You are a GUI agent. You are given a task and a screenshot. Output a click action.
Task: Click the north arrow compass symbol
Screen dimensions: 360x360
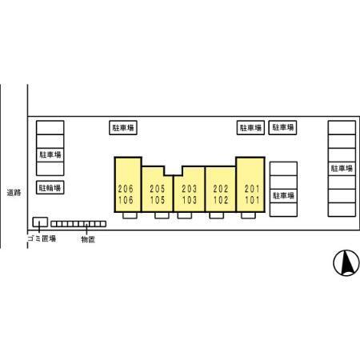point(346,263)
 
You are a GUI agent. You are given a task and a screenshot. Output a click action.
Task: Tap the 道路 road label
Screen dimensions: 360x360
point(14,193)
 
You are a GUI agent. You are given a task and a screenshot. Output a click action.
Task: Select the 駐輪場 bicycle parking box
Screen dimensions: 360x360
point(50,187)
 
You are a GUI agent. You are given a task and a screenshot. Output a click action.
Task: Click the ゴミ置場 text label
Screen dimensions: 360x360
point(42,238)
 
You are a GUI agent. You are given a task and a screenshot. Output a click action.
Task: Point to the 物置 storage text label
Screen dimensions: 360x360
point(88,239)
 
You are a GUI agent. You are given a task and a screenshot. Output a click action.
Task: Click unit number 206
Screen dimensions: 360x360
point(126,189)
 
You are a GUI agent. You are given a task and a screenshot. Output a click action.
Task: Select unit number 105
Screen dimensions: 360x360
point(158,200)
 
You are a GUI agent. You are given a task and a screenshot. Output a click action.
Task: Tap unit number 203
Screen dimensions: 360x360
point(190,189)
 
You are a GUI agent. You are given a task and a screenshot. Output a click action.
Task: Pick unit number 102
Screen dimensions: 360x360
point(221,200)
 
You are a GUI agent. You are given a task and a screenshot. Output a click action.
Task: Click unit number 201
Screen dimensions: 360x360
point(252,189)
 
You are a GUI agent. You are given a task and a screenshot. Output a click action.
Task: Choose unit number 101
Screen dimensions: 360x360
point(252,200)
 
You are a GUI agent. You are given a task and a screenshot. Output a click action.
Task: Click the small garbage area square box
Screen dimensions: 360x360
point(40,222)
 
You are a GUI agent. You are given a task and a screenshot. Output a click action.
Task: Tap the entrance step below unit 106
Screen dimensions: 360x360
point(130,215)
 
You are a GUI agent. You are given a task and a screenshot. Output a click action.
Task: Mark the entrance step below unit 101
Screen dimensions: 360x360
point(248,215)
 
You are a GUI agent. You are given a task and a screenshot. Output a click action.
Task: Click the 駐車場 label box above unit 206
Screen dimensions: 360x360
point(123,128)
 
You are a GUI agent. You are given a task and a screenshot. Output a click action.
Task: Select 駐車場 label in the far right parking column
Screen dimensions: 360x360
point(342,168)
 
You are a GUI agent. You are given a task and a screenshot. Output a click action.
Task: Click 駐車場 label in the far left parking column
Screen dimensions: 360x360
point(50,154)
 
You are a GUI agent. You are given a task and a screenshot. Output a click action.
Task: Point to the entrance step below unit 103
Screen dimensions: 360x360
point(185,215)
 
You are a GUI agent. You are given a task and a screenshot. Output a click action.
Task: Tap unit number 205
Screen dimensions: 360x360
point(158,189)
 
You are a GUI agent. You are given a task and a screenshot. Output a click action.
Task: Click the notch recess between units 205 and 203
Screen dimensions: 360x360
point(174,171)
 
